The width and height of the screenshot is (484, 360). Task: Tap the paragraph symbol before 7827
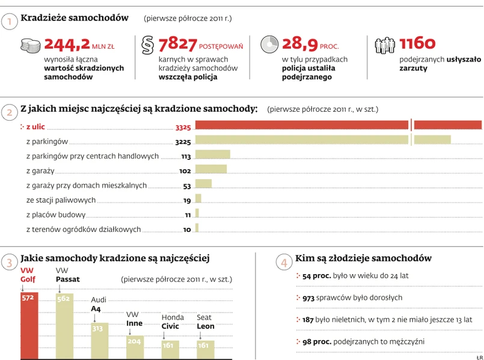pos(147,45)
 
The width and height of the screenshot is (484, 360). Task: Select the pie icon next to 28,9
pos(269,45)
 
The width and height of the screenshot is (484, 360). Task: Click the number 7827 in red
pos(177,44)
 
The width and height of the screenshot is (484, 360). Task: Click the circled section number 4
pos(284,263)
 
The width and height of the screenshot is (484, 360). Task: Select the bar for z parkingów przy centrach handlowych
pos(213,154)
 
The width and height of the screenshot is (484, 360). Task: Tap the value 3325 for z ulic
pos(183,127)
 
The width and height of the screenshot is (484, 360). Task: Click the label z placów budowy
pos(56,215)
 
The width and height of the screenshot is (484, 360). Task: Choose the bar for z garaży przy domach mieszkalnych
pos(204,184)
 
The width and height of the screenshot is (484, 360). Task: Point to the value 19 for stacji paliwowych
pos(187,201)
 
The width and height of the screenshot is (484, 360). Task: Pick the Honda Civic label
pos(173,323)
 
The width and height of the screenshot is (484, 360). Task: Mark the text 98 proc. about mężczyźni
pos(316,341)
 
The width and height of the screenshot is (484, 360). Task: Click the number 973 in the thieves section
pos(308,297)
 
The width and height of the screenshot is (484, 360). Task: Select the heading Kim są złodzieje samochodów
pos(363,258)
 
